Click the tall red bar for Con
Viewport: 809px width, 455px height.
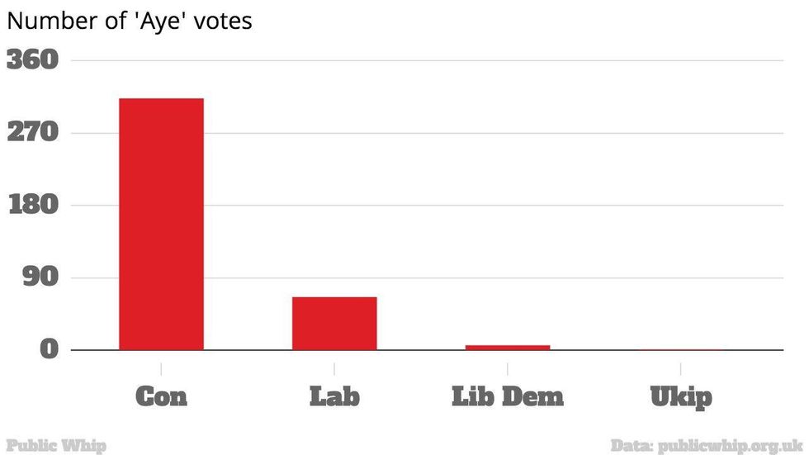click(x=161, y=224)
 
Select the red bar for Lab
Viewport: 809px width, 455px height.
click(x=334, y=323)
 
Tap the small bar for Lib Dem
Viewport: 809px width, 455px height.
click(x=508, y=347)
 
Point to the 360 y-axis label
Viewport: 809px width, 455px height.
click(x=33, y=60)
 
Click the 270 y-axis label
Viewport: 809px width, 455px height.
click(x=33, y=133)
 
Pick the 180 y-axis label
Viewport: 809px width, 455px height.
click(x=33, y=205)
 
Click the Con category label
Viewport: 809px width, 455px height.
click(x=161, y=397)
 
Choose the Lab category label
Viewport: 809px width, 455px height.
click(x=334, y=397)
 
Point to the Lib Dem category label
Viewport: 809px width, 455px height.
click(x=508, y=397)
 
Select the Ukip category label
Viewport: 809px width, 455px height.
click(x=681, y=397)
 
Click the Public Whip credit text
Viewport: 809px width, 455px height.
click(x=55, y=446)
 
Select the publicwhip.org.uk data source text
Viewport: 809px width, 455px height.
click(x=730, y=446)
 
